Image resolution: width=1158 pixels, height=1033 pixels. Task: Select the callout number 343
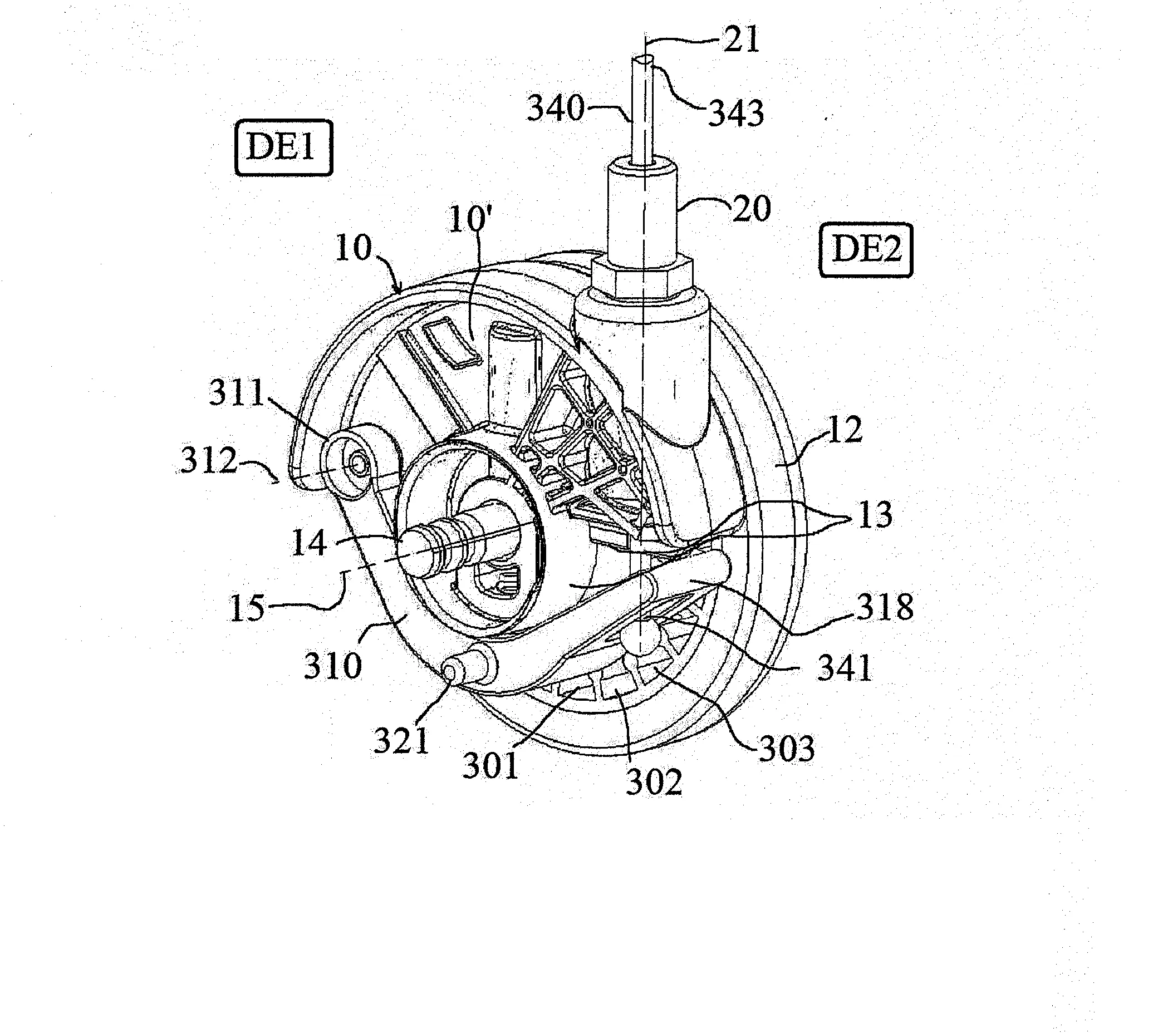736,113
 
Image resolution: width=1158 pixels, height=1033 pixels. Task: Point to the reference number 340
555,109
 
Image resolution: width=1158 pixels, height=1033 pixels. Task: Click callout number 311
237,393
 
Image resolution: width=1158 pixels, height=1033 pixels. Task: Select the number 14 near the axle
310,543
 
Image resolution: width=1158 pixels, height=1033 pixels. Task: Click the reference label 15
248,608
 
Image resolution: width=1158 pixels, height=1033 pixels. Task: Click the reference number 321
400,741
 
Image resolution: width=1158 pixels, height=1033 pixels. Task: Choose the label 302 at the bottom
654,782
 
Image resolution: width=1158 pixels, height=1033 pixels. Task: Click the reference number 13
875,515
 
